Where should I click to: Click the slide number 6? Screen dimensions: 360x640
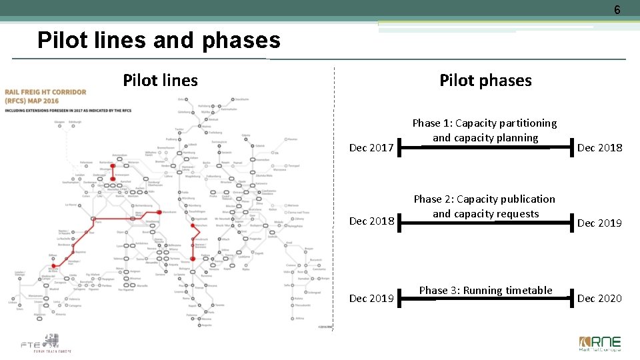tap(617, 10)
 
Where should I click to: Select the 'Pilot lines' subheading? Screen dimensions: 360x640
tap(160, 81)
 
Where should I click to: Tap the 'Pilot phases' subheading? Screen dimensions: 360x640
tap(485, 81)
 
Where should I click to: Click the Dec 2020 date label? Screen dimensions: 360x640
tap(599, 299)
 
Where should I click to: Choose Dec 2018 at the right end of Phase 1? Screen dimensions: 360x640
tap(599, 148)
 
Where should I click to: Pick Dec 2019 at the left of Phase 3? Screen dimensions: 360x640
tap(371, 299)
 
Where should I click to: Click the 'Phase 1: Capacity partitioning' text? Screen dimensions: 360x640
tap(485, 123)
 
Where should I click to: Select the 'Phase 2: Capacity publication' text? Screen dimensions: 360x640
tap(485, 199)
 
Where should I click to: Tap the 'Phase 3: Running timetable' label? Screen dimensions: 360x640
tap(485, 290)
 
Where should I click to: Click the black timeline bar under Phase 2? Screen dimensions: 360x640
tap(485, 222)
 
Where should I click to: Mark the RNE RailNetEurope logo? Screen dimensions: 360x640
tap(599, 343)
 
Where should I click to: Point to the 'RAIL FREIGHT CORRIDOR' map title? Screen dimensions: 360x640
tap(45, 92)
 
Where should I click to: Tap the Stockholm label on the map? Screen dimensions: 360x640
tap(241, 99)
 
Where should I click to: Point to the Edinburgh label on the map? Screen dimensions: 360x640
tap(74, 122)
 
